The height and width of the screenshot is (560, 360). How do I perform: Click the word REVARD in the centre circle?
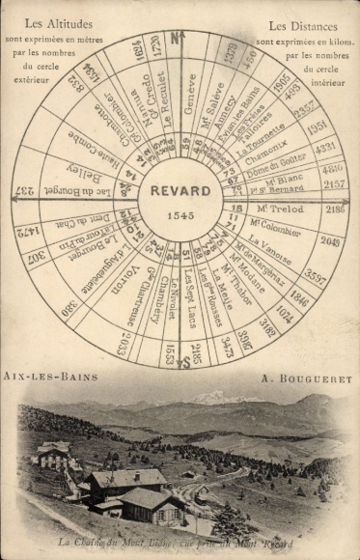(179, 190)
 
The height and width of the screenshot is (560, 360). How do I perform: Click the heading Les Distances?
(303, 25)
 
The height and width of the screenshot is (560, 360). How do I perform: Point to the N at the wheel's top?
(177, 39)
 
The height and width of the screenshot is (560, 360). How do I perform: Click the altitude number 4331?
(325, 148)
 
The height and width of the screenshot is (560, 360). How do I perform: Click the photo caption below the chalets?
(180, 546)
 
